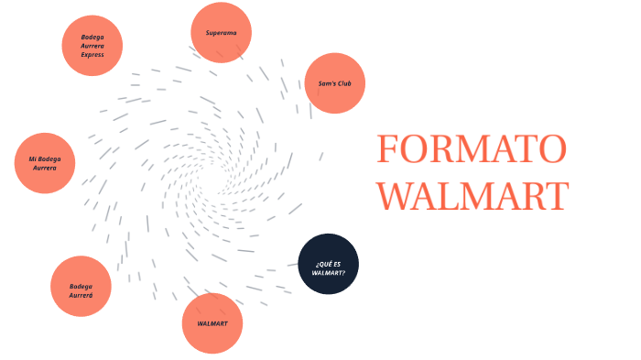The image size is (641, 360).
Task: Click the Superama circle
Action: [221, 33]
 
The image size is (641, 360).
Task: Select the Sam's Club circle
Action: [335, 83]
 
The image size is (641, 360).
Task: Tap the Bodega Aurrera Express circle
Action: [92, 45]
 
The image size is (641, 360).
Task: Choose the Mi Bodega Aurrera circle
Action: [45, 163]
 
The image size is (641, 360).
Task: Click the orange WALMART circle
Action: [212, 323]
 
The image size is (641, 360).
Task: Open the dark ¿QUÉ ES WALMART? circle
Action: [329, 265]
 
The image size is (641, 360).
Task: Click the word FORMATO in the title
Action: [472, 148]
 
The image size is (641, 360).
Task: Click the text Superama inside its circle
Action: [221, 33]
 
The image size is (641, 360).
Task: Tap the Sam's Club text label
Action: [335, 83]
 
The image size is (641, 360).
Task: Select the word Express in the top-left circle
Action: [92, 54]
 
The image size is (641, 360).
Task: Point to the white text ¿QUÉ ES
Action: [328, 263]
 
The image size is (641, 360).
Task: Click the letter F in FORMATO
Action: [387, 148]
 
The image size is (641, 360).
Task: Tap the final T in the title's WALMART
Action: [555, 196]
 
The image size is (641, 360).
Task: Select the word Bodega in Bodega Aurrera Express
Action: [92, 37]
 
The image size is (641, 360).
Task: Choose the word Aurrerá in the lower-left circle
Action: [81, 295]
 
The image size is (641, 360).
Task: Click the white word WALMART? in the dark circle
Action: [329, 272]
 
